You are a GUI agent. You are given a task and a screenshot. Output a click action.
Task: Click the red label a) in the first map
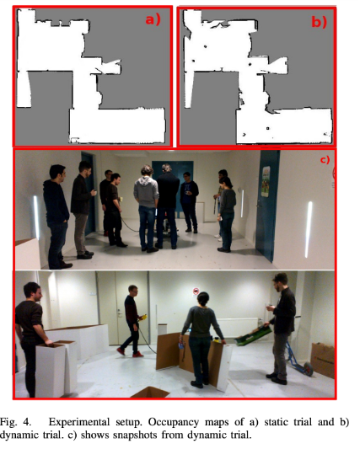153,19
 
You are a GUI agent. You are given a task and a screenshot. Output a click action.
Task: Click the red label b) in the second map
319,22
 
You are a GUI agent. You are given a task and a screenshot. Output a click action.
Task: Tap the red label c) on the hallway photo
325,159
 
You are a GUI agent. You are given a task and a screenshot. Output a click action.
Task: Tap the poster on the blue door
266,182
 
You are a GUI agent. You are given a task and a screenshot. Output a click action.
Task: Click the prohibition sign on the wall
196,291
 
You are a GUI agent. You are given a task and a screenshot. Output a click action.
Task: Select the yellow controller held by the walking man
143,317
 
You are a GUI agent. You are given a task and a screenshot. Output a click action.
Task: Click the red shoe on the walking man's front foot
121,351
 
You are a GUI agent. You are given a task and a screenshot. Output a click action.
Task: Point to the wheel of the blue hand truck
309,370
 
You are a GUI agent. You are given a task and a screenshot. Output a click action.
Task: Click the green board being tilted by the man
254,335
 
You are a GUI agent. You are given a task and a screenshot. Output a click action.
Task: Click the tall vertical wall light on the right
309,229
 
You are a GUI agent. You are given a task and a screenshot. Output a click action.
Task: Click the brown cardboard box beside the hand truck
322,360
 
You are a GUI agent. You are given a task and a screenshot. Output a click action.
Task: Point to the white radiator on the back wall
237,328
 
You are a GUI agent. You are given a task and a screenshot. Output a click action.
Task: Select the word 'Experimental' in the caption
79,422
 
